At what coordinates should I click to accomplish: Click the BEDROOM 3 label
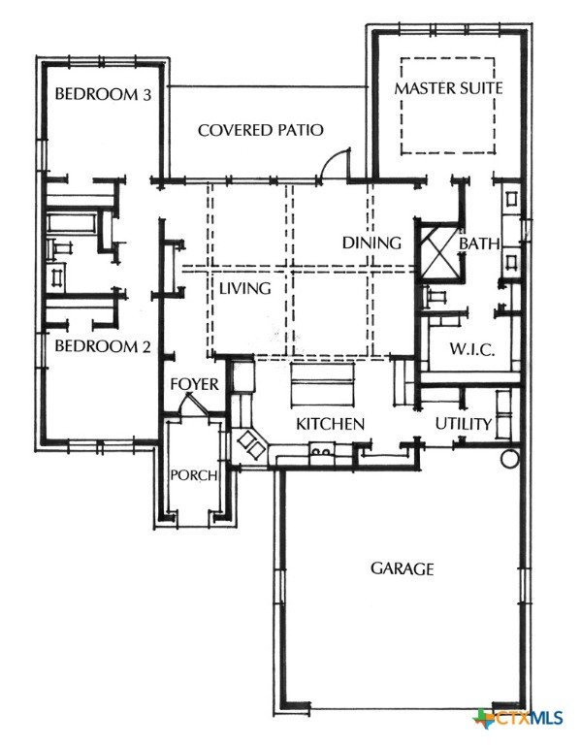[x=103, y=93]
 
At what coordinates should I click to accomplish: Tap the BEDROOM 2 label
[x=103, y=345]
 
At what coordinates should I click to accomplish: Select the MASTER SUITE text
[x=448, y=88]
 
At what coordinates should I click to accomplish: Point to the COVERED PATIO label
[x=260, y=130]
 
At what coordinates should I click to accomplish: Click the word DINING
[x=371, y=243]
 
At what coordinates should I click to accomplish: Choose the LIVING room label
[x=245, y=288]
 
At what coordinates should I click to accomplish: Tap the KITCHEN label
[x=330, y=424]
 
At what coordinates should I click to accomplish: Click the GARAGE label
[x=402, y=568]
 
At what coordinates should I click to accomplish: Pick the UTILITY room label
[x=464, y=423]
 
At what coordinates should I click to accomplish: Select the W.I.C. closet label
[x=472, y=350]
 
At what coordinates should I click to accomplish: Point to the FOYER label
[x=195, y=384]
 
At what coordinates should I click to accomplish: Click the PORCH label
[x=194, y=475]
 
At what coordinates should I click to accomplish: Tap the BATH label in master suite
[x=479, y=243]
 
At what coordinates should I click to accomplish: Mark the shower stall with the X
[x=439, y=250]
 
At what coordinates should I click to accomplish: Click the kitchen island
[x=323, y=384]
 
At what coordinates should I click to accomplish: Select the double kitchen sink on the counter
[x=322, y=450]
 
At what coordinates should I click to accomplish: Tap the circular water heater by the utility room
[x=510, y=458]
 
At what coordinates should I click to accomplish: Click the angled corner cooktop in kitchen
[x=252, y=443]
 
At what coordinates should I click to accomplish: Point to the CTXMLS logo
[x=519, y=718]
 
